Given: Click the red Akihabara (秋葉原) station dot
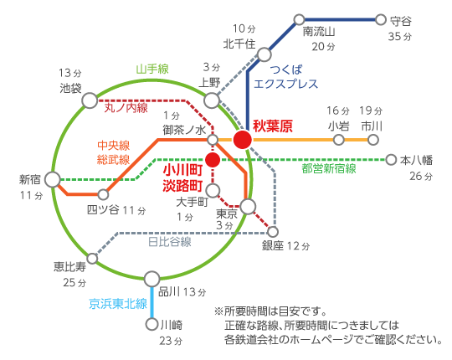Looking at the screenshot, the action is coord(243,140).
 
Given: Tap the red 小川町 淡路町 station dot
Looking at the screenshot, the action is coord(213,160).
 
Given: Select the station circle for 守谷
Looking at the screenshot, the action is coord(381,20).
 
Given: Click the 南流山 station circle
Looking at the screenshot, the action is coord(300,20).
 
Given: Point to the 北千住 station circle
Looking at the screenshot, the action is coord(264,54).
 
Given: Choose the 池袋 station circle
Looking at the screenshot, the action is coord(90,100).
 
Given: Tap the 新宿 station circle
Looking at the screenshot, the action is coord(53,179).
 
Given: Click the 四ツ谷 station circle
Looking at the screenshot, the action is coord(103,194).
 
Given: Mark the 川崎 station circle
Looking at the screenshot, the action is coord(152,324).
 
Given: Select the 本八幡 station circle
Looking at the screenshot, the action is coord(391,160).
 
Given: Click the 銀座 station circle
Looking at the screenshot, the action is coord(273,231).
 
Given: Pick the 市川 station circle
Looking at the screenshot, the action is coord(373,140).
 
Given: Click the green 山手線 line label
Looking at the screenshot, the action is coord(152,69).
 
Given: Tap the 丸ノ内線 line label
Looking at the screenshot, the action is coord(126,108).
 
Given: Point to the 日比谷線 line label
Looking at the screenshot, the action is coord(170,242).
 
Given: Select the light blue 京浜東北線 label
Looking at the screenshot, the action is coord(118,304).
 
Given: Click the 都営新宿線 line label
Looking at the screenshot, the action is coord(329,168).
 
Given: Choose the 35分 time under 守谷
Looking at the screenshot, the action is coord(400,37).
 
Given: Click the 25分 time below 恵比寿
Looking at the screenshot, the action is coord(74,282).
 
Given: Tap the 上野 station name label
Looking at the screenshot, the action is coord(209,83).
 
